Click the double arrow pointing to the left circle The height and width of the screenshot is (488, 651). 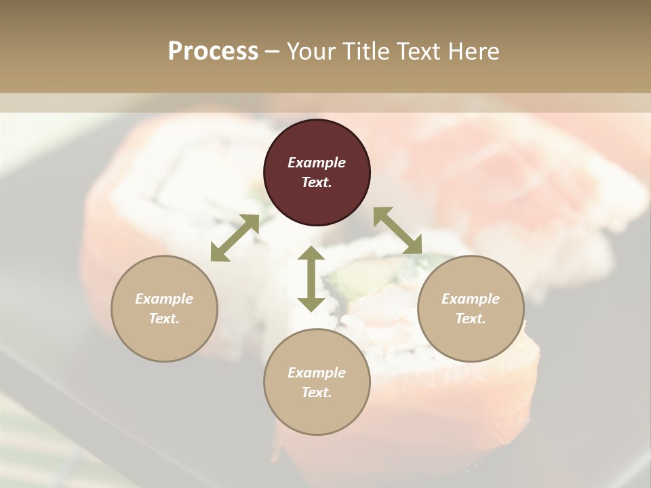(235, 238)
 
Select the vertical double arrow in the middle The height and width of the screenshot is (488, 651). (311, 279)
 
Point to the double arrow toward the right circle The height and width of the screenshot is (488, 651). (398, 231)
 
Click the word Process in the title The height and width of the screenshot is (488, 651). (213, 51)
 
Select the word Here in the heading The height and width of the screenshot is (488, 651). (475, 51)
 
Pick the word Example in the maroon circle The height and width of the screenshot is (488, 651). (317, 163)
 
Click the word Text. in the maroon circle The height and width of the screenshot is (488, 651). (317, 182)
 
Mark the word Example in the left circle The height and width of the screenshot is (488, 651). (164, 299)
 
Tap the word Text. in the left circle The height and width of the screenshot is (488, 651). (164, 319)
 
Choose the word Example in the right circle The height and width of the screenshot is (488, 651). (471, 299)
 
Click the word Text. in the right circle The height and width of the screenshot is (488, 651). (471, 319)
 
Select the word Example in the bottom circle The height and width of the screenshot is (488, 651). (317, 373)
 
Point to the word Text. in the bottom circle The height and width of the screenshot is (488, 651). (317, 392)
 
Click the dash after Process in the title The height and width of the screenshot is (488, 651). (273, 52)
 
